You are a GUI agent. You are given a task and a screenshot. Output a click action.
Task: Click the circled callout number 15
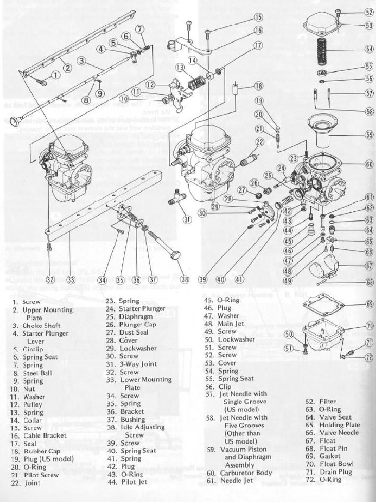click(258, 17)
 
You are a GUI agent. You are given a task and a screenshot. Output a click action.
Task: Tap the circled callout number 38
click(185, 279)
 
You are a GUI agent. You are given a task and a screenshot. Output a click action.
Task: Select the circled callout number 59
click(369, 134)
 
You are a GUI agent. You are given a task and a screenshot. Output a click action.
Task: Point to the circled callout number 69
click(369, 304)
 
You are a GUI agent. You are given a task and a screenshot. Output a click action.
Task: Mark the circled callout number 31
click(187, 219)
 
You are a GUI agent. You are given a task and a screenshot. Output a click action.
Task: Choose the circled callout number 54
click(369, 49)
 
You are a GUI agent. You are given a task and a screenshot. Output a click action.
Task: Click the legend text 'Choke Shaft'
click(41, 326)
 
